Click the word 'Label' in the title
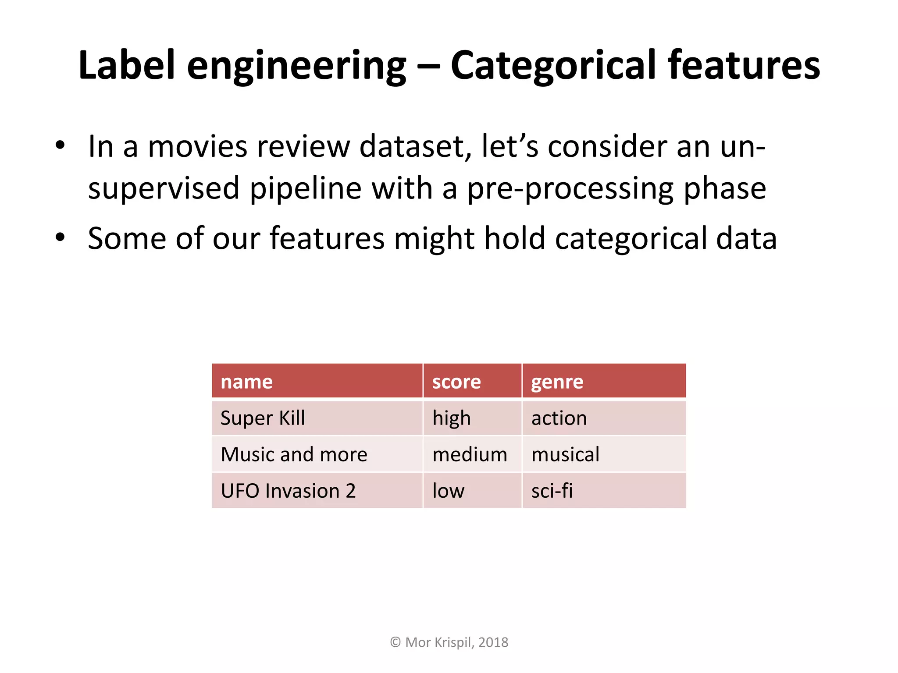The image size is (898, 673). [x=127, y=66]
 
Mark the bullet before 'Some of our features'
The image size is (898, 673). [x=60, y=237]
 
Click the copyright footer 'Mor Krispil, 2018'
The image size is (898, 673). [x=449, y=642]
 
